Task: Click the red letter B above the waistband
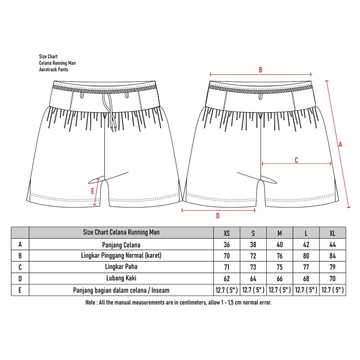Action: click(x=261, y=70)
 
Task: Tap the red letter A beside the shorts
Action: click(x=340, y=144)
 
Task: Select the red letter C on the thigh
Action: click(x=296, y=160)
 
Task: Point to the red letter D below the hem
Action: click(x=218, y=216)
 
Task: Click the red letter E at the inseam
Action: click(x=92, y=191)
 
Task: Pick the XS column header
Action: click(x=227, y=233)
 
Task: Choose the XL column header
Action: click(x=332, y=233)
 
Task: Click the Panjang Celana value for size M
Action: click(x=279, y=245)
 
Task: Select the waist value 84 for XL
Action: click(x=332, y=256)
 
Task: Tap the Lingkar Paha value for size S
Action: click(x=253, y=268)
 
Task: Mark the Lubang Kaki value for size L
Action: click(x=306, y=279)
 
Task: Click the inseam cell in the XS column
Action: click(x=227, y=290)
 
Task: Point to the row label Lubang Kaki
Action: click(x=121, y=278)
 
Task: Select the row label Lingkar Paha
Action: click(x=121, y=267)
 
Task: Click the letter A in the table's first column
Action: click(x=20, y=245)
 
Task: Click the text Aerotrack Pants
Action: click(x=53, y=70)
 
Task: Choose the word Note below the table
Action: click(x=91, y=302)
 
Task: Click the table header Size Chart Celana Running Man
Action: click(x=121, y=232)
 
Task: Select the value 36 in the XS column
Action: click(x=227, y=245)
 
